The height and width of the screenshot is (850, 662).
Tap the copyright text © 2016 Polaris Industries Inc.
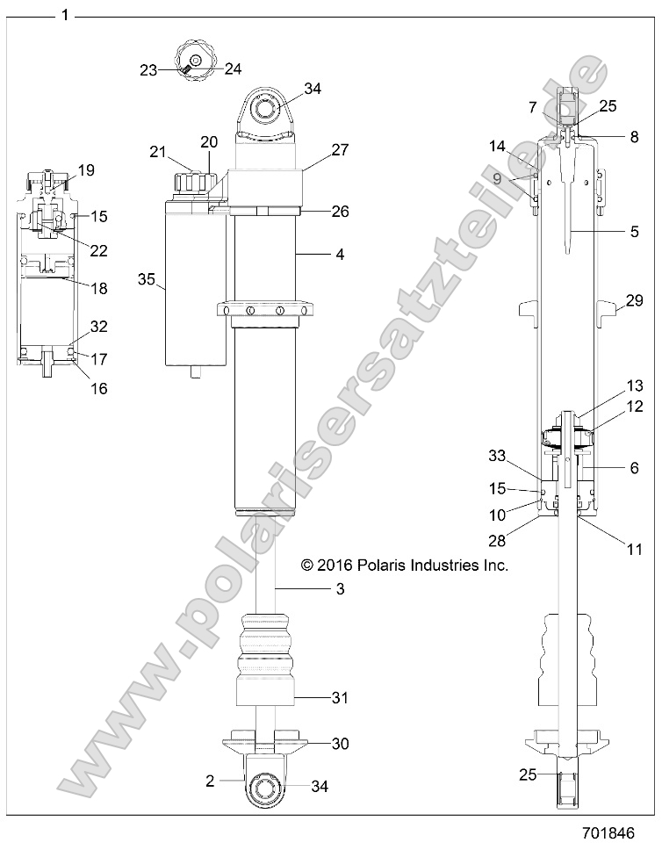tap(405, 565)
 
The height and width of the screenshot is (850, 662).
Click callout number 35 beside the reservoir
tap(148, 279)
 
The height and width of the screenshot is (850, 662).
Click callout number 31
tap(339, 698)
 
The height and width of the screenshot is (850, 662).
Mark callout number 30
tap(340, 743)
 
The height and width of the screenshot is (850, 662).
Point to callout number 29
tap(632, 301)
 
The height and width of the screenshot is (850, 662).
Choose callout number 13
tap(634, 385)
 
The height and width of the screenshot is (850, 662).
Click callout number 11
tap(632, 550)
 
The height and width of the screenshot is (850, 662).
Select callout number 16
tap(99, 388)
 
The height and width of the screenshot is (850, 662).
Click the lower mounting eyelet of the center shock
tap(266, 788)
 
